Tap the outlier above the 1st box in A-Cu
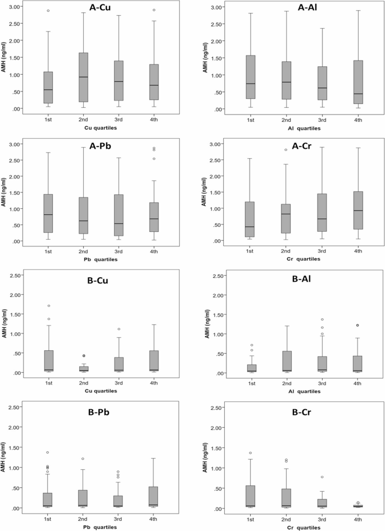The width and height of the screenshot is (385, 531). coord(48,11)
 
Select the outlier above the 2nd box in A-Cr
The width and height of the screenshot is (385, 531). coord(286,150)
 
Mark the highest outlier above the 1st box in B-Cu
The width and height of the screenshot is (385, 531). coord(48,306)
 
